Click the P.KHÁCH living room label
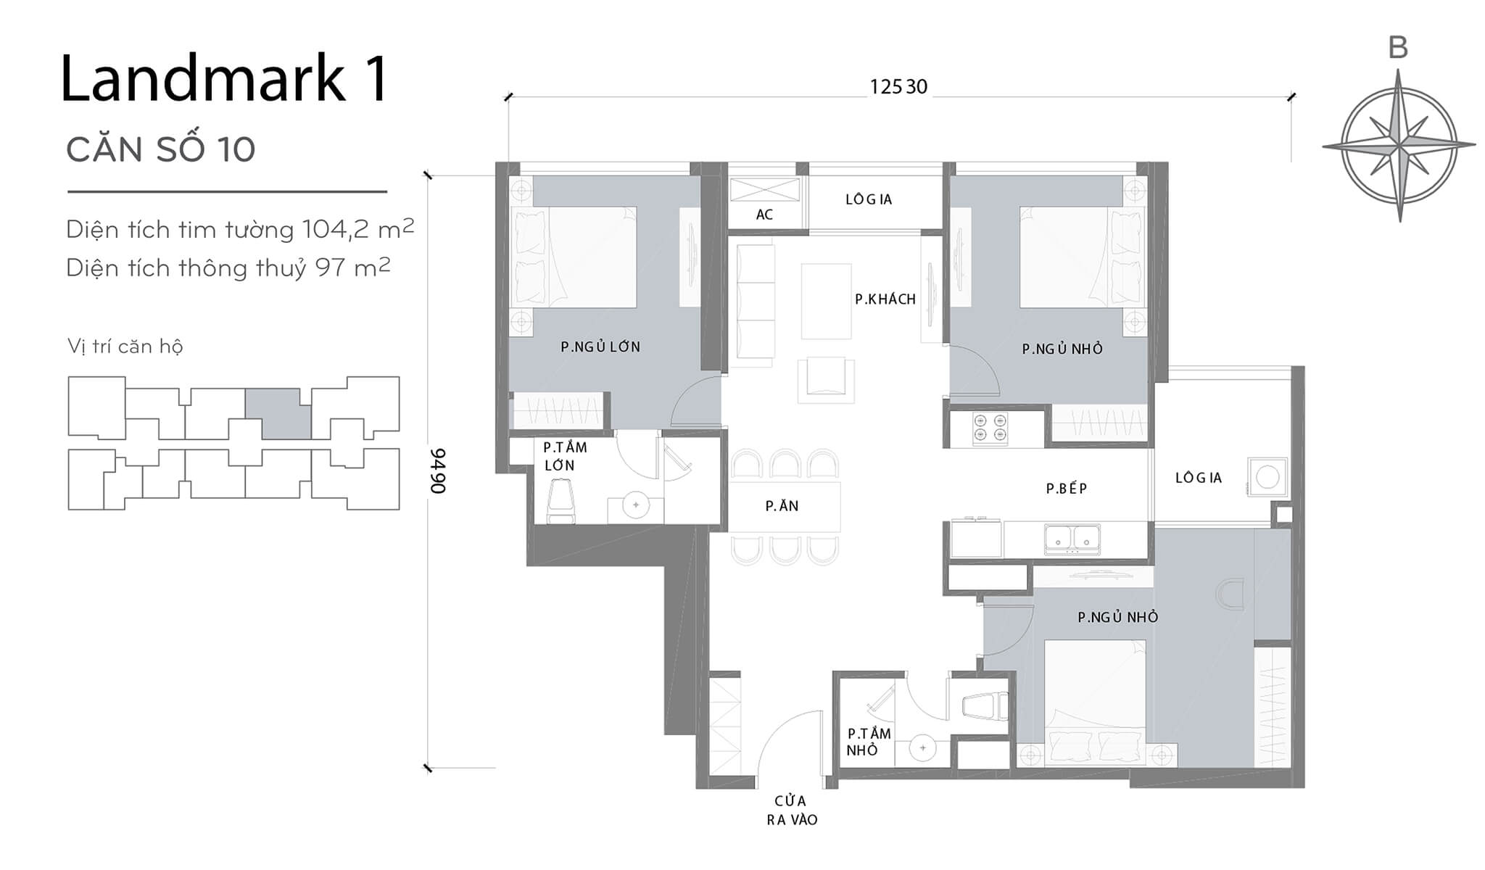[x=885, y=299]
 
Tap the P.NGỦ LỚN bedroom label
[x=600, y=347]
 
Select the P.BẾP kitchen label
[x=1066, y=489]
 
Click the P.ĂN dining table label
[x=782, y=506]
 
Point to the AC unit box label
[x=764, y=215]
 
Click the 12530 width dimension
[x=898, y=87]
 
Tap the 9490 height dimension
[x=438, y=471]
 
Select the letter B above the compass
[x=1397, y=48]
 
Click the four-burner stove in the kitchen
[x=990, y=428]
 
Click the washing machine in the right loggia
[x=1267, y=477]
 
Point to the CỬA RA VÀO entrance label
[x=791, y=810]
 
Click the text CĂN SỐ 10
[x=160, y=150]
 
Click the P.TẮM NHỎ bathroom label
[x=868, y=742]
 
